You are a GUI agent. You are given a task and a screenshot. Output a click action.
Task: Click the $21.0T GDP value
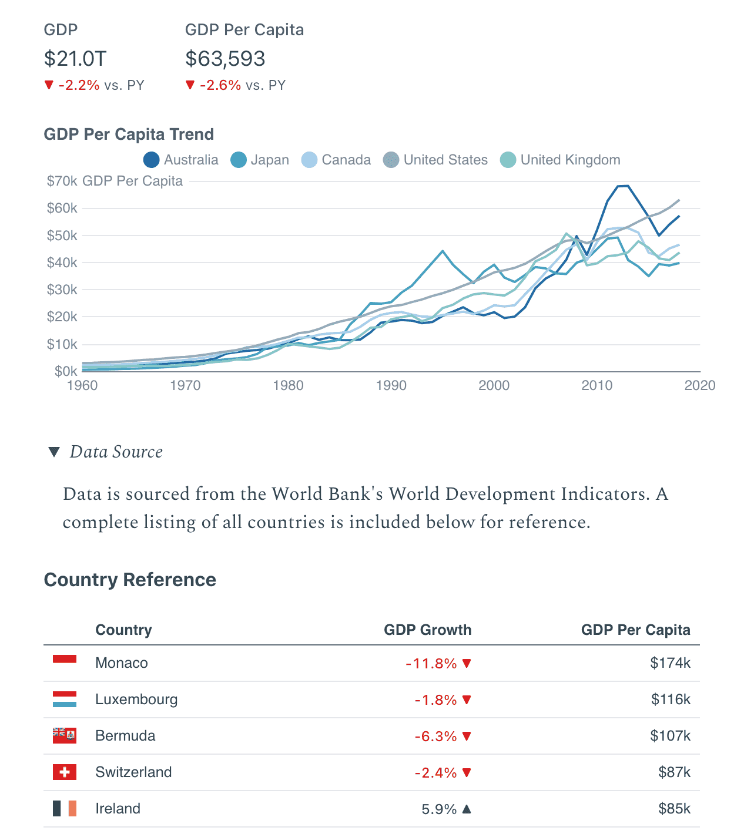click(75, 59)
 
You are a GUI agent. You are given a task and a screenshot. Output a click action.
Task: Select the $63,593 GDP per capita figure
click(225, 59)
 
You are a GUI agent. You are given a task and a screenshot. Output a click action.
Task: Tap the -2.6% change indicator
click(220, 85)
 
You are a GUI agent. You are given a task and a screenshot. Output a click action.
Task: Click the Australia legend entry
click(181, 160)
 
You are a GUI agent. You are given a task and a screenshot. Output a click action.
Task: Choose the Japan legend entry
click(260, 160)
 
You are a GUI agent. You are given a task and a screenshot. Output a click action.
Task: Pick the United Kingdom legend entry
click(560, 160)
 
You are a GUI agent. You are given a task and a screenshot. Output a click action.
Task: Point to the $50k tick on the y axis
click(62, 236)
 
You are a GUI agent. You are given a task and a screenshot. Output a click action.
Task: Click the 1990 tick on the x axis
click(391, 385)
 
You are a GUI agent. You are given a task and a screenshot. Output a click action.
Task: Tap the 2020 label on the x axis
click(700, 385)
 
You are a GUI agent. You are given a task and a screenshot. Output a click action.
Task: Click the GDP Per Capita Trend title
click(129, 134)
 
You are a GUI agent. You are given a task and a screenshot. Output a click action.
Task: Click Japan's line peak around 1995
click(443, 251)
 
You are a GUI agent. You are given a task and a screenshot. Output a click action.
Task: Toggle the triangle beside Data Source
click(54, 452)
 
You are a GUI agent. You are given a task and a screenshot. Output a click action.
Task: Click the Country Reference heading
click(130, 580)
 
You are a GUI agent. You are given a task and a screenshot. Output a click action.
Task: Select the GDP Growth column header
click(427, 630)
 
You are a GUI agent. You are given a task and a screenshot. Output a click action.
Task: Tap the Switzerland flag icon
click(65, 772)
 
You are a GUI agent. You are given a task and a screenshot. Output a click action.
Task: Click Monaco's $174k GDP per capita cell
click(670, 663)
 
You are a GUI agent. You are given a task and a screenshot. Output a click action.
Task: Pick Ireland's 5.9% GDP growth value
click(439, 809)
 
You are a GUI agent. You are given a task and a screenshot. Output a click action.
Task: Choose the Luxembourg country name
click(136, 700)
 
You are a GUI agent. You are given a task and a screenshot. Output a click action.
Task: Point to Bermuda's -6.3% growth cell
click(435, 736)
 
